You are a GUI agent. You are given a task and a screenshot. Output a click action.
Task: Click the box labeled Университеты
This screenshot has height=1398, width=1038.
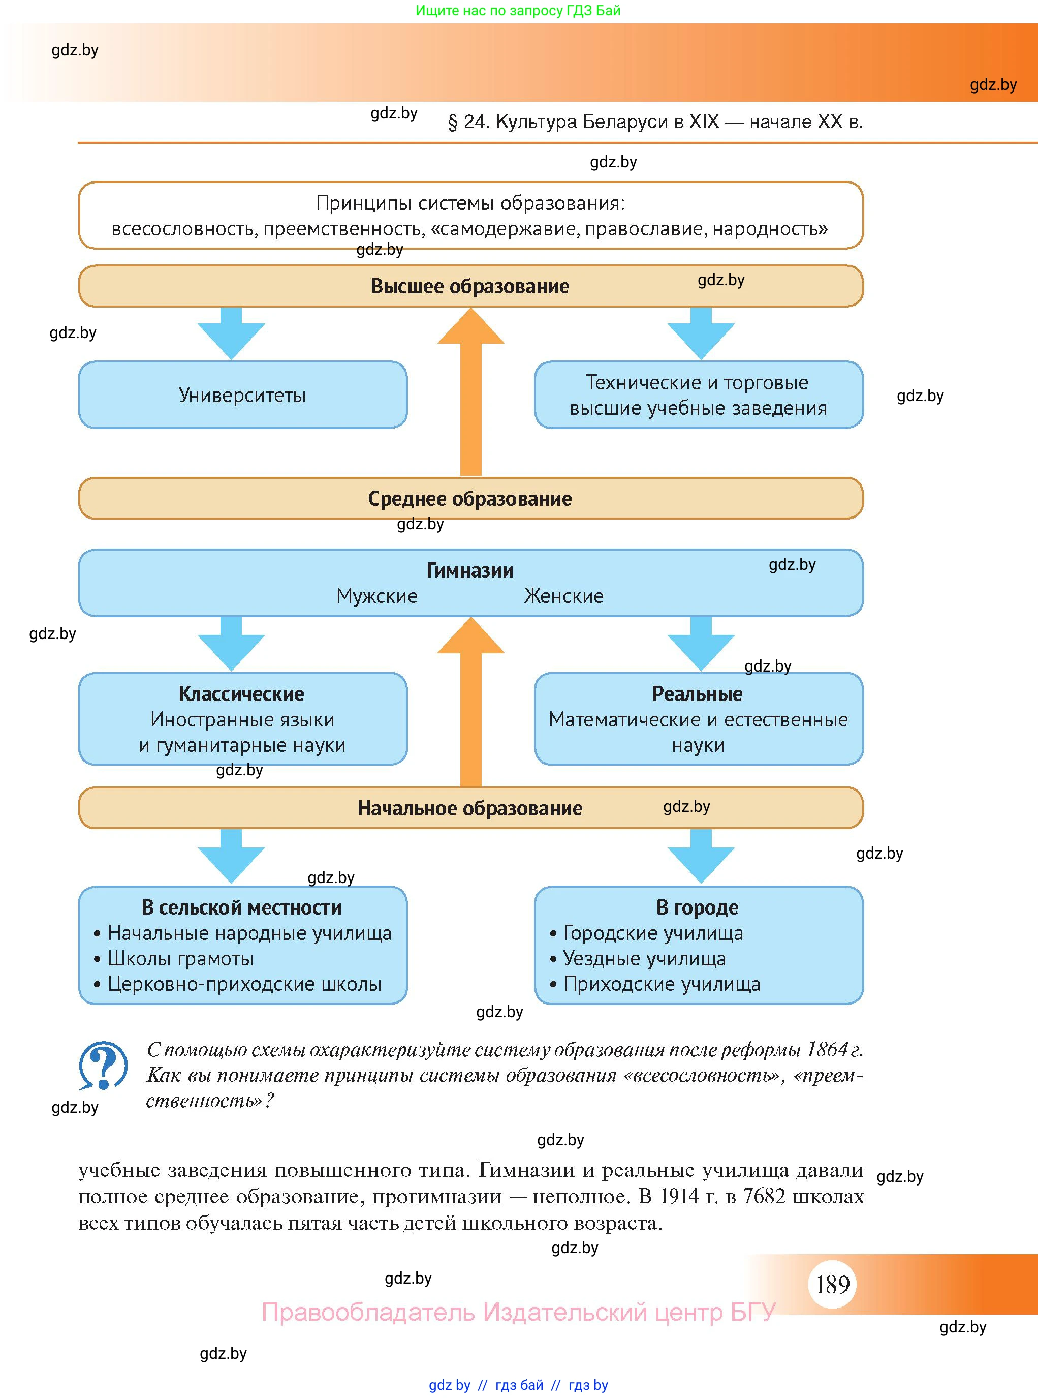242,395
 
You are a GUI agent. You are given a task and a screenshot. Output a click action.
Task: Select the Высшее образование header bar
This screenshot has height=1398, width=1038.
470,286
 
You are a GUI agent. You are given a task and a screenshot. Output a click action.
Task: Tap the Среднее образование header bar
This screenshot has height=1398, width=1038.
470,499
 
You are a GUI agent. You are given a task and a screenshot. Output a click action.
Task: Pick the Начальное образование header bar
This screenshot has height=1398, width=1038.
470,808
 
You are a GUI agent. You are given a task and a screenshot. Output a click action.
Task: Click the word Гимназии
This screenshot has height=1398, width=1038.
470,570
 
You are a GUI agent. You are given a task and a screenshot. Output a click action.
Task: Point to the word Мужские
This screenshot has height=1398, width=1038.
377,596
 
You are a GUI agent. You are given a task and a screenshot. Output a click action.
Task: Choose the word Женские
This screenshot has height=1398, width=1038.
563,596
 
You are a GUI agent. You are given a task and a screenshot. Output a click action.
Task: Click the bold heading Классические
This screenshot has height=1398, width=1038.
241,694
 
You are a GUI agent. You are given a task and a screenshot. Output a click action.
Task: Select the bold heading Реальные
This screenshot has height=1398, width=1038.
698,694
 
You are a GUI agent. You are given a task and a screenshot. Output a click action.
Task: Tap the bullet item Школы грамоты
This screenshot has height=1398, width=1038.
181,959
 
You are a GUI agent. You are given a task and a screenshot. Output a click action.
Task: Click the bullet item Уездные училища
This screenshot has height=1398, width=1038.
645,959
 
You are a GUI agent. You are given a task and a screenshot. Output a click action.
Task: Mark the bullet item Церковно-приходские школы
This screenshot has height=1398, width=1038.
244,984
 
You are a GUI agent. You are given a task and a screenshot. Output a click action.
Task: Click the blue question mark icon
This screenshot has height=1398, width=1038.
103,1066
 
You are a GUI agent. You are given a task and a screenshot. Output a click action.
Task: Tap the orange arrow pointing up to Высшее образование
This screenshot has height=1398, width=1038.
470,390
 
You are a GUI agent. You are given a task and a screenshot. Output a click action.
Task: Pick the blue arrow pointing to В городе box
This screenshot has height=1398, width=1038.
701,856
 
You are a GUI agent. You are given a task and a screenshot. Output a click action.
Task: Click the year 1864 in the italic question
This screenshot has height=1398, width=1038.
827,1049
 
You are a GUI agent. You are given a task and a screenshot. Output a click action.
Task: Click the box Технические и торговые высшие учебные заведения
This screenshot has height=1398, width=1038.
699,395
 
